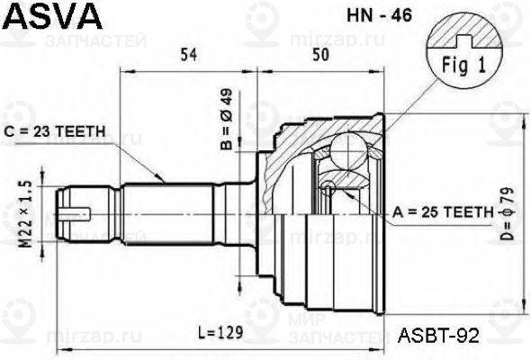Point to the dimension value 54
[188, 56]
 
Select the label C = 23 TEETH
[56, 131]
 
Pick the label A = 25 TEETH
[442, 212]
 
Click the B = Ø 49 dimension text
[227, 121]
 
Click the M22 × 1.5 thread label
[27, 214]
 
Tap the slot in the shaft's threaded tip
[77, 213]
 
